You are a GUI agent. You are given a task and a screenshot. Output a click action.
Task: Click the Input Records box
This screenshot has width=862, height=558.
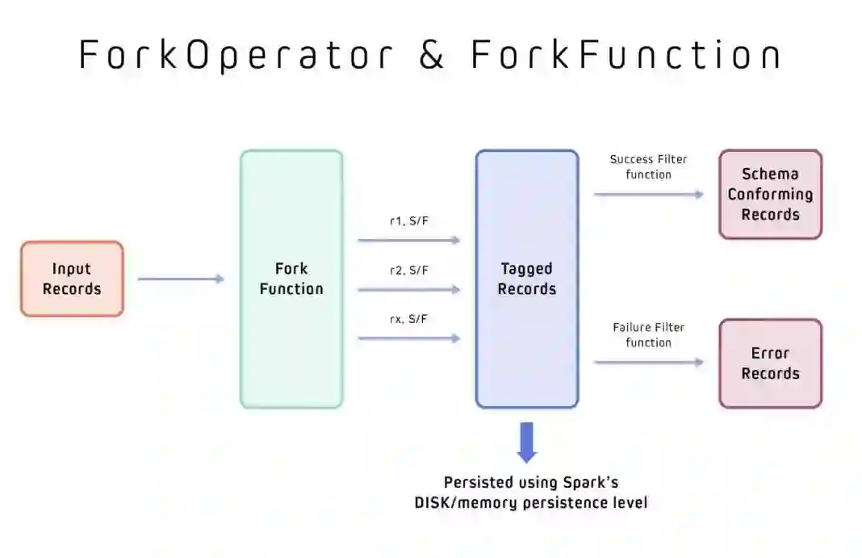pyautogui.click(x=72, y=279)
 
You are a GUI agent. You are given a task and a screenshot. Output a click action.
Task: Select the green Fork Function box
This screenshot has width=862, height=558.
pyautogui.click(x=291, y=279)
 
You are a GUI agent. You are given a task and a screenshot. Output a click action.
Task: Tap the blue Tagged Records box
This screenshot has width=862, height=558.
pyautogui.click(x=526, y=279)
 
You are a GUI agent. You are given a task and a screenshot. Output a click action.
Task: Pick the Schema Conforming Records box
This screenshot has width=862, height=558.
pyautogui.click(x=770, y=195)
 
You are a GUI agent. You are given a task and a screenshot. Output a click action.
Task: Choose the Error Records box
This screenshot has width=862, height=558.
pyautogui.click(x=770, y=363)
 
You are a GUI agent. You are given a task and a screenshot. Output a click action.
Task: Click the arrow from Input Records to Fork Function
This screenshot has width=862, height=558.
pyautogui.click(x=181, y=279)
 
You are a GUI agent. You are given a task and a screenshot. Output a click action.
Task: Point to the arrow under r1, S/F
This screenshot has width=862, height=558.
pyautogui.click(x=408, y=240)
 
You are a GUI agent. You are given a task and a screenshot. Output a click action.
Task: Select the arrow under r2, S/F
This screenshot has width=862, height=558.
pyautogui.click(x=408, y=289)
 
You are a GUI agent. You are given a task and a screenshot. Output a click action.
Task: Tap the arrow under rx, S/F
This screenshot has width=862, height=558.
pyautogui.click(x=408, y=338)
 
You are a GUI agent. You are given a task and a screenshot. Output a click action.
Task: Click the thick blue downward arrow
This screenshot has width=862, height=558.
pyautogui.click(x=527, y=442)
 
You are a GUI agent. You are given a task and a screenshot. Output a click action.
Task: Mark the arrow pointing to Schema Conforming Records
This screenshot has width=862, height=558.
pyautogui.click(x=648, y=194)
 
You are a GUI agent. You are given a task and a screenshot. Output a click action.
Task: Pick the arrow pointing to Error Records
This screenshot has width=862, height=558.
pyautogui.click(x=648, y=363)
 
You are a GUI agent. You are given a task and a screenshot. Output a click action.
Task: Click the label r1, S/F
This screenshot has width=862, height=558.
pyautogui.click(x=408, y=220)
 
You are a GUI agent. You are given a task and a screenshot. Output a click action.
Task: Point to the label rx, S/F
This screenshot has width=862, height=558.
pyautogui.click(x=408, y=319)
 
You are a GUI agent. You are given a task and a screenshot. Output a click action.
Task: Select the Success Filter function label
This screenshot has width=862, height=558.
pyautogui.click(x=648, y=166)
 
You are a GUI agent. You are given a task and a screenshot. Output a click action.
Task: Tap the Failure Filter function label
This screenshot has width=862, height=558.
pyautogui.click(x=648, y=335)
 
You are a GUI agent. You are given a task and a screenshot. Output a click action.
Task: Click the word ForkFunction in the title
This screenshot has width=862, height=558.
pyautogui.click(x=626, y=55)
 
